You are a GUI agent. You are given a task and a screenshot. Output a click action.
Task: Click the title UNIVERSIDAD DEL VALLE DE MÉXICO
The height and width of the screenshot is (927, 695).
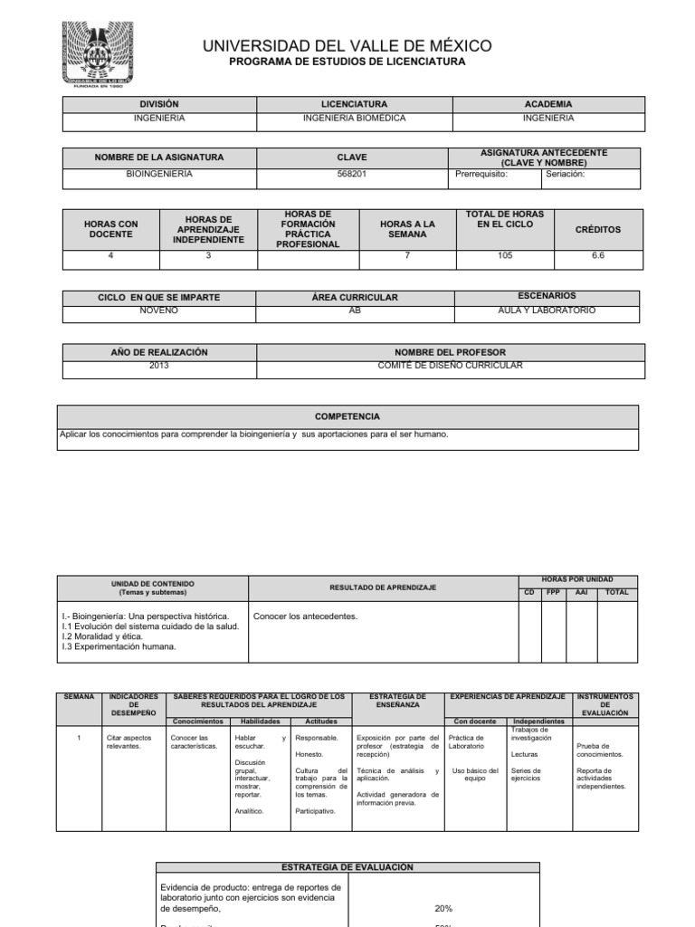coord(347,45)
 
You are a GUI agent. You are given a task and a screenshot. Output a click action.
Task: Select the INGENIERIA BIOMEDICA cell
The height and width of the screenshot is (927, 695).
coord(352,118)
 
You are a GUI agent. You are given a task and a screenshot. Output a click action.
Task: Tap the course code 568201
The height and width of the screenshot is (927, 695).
coord(352,174)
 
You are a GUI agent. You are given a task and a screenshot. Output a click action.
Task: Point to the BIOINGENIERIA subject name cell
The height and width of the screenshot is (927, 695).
coord(159,174)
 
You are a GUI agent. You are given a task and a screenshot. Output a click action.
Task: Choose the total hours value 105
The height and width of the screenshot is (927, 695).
coord(504,256)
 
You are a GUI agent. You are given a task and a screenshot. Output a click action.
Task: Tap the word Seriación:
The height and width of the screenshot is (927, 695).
coord(566,174)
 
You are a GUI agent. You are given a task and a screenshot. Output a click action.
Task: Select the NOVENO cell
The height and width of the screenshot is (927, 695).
coord(159,311)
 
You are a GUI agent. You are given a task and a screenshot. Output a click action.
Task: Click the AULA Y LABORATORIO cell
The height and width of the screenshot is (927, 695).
coord(547,311)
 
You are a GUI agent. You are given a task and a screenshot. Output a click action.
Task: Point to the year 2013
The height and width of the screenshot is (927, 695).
coord(159,366)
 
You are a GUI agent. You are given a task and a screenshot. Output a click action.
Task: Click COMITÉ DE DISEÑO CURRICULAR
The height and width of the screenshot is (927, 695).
coord(450,366)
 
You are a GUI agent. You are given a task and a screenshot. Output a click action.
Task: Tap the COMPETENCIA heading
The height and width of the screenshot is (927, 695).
coord(347,416)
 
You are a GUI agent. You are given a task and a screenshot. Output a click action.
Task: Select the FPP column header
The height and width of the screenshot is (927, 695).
coord(553,592)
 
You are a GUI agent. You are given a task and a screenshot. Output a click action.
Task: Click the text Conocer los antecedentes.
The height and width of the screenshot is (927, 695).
coord(305,616)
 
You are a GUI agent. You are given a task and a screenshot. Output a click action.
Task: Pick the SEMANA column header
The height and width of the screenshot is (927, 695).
coord(79,697)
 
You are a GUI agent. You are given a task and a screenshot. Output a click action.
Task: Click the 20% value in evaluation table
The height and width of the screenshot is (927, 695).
coord(443,908)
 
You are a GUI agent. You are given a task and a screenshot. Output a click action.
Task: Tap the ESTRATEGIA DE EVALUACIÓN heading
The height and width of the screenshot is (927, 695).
coord(348,867)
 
